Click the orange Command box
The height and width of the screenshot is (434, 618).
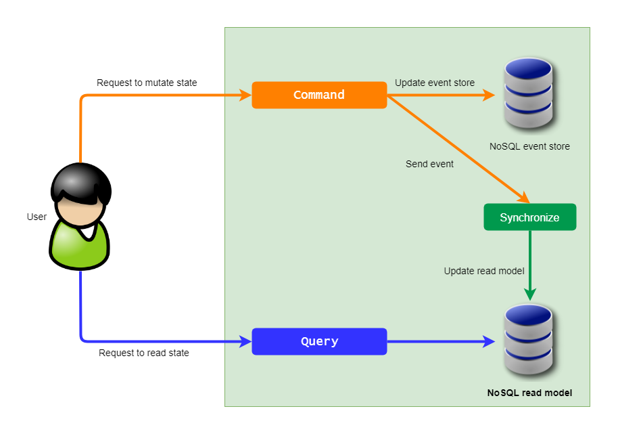coord(319,95)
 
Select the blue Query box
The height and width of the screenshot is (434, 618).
coord(319,341)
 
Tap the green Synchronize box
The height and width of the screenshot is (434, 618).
coord(529,217)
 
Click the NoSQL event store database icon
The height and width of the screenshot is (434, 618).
coord(529,94)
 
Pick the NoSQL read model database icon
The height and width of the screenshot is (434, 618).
coord(529,341)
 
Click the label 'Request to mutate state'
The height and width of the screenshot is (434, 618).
coord(147,83)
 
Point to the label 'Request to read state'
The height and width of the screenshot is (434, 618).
coord(144,353)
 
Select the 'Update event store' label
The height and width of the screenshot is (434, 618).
coord(435,83)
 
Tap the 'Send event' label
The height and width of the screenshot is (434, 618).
coord(429,164)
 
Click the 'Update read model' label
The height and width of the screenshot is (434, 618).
coord(484,271)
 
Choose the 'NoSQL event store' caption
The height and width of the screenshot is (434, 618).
coord(529,146)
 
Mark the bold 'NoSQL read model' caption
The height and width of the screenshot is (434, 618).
coord(529,393)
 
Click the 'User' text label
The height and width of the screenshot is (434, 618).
coord(37,217)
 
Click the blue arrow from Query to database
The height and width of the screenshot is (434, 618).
coord(439,342)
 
